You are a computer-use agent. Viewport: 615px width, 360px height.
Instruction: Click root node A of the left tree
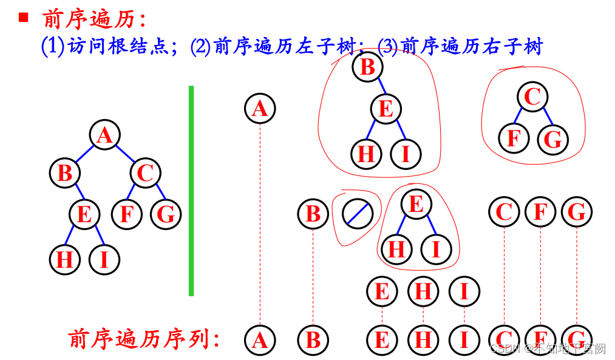click(105, 135)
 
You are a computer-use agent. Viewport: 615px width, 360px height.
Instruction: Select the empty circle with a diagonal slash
click(357, 214)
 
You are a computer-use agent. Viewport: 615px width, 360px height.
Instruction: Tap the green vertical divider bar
click(191, 191)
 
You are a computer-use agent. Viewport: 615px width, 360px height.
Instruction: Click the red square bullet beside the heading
click(24, 17)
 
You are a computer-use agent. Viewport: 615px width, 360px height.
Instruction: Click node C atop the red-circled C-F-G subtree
click(532, 97)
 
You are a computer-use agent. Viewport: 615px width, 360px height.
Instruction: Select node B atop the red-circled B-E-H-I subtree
click(367, 66)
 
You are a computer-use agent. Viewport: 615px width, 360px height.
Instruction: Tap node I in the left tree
click(104, 260)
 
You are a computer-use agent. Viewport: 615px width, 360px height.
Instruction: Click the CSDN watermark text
click(547, 348)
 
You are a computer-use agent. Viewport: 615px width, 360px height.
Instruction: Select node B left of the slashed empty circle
click(313, 214)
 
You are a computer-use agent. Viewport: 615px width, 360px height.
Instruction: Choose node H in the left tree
click(65, 260)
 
